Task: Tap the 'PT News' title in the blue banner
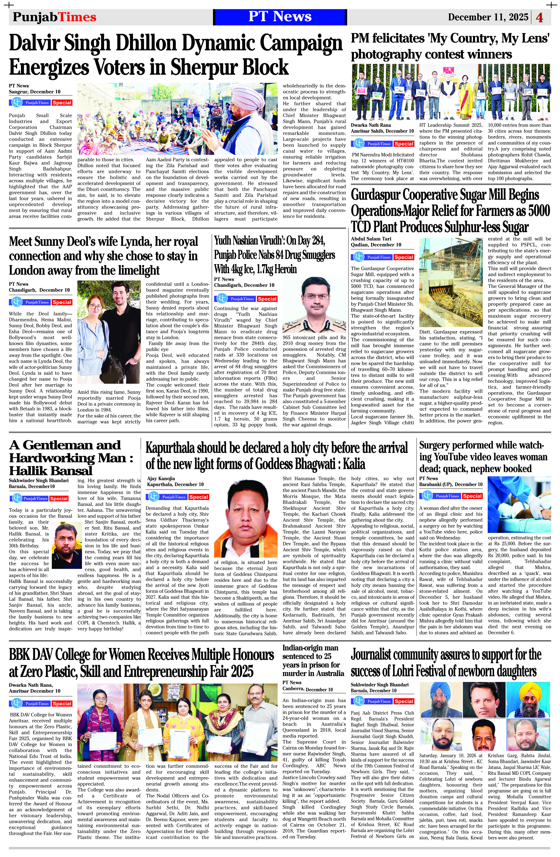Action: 280,17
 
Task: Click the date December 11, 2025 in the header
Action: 488,17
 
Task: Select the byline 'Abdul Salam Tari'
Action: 371,239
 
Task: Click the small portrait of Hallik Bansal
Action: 67,545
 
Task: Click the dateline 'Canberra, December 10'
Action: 307,689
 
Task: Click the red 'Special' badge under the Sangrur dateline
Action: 62,103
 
